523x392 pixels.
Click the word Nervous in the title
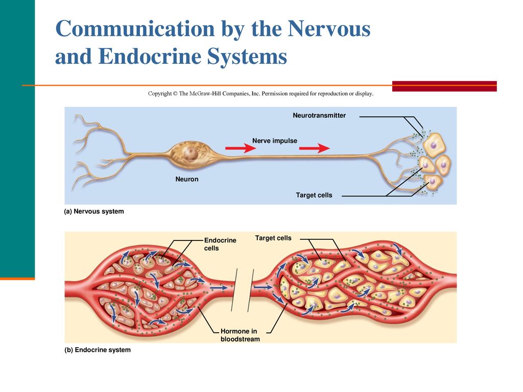(x=329, y=29)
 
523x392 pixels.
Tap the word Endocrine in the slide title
(x=150, y=56)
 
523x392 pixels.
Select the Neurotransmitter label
(x=319, y=115)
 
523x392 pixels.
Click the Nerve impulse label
(x=274, y=141)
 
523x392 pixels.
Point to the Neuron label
(x=187, y=179)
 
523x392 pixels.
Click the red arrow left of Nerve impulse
(x=241, y=148)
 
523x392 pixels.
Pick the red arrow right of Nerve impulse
(x=315, y=148)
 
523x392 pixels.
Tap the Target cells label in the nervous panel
(x=314, y=195)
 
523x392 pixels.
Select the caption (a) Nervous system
(x=94, y=211)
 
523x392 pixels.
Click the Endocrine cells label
(x=220, y=244)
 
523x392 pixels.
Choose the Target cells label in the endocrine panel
(x=273, y=238)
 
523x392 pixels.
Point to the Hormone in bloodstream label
(x=240, y=335)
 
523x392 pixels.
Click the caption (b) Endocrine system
(x=98, y=350)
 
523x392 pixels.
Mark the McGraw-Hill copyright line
(x=261, y=94)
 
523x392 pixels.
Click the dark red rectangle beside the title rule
(x=444, y=86)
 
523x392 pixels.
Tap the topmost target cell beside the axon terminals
(x=435, y=144)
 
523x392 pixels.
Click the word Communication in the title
(x=135, y=29)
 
